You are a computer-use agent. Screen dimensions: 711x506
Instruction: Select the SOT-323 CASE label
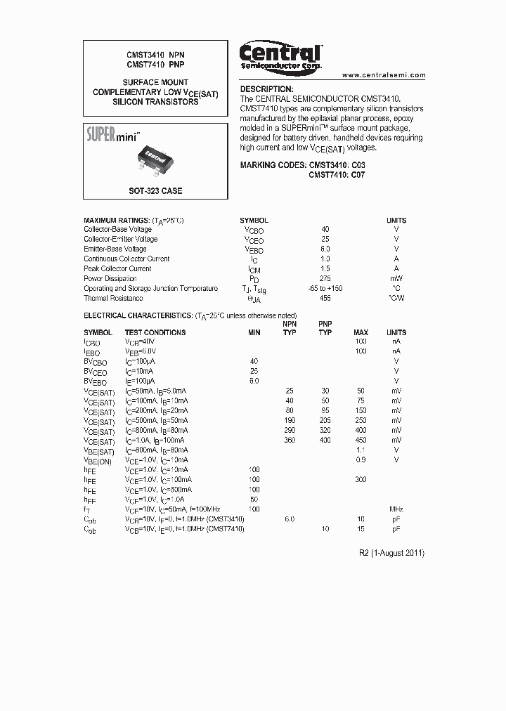pos(155,190)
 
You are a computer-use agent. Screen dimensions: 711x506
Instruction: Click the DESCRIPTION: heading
pos(266,89)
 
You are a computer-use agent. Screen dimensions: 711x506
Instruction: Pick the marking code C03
pos(358,164)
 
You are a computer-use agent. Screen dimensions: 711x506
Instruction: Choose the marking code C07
pos(358,175)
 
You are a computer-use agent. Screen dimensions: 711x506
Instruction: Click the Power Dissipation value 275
pos(325,279)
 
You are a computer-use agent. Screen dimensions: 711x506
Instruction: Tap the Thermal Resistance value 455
pos(325,299)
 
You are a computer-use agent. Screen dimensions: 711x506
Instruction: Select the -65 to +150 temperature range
pos(325,289)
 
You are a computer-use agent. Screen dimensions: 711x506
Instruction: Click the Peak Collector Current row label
pos(117,269)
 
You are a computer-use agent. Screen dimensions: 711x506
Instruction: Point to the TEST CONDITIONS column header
pos(155,332)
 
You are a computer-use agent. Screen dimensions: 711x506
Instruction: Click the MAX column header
pos(361,332)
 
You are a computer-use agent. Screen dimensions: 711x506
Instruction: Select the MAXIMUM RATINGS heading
pos(116,220)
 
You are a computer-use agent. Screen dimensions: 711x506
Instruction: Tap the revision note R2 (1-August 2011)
pos(391,553)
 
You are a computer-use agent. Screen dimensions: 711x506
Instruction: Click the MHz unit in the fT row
pos(396,509)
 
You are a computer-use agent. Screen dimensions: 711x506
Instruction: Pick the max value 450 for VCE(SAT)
pos(361,440)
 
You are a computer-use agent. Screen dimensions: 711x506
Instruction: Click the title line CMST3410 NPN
pos(155,54)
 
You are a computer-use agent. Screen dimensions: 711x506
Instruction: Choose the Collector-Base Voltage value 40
pos(325,230)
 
